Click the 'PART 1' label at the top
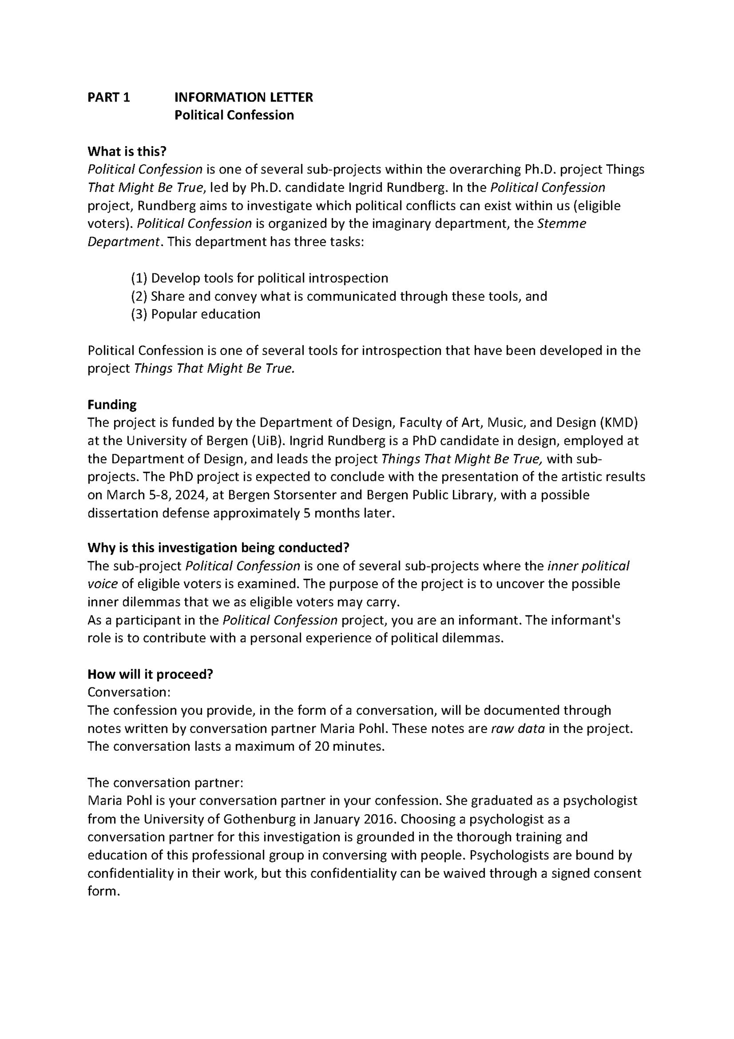109,97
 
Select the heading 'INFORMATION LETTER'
243,97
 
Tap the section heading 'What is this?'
127,151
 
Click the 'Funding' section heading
112,405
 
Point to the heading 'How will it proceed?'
150,674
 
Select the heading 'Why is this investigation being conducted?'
219,548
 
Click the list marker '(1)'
139,278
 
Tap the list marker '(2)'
139,296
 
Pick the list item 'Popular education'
205,315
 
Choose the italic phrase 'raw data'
518,729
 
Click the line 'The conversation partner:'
165,783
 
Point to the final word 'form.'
104,891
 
